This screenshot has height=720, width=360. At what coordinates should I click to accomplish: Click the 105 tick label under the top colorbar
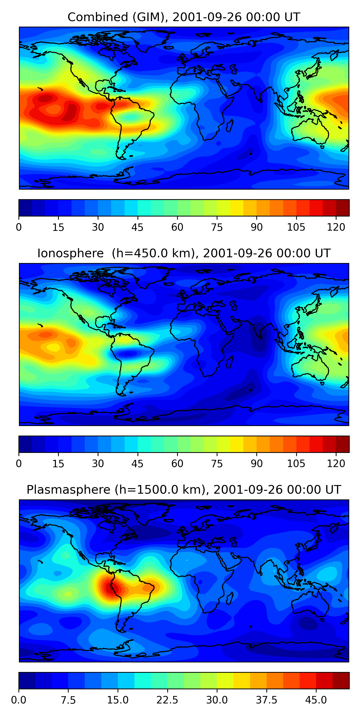point(296,227)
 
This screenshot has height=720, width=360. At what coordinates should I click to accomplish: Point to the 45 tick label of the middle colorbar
point(137,464)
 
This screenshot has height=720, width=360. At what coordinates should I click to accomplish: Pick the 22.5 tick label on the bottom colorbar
point(167,700)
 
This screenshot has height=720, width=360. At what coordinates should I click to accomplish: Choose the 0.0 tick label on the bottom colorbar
point(19,700)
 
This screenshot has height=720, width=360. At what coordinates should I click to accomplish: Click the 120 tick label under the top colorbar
point(336,227)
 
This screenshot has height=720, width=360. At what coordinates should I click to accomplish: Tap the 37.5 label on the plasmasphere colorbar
point(266,700)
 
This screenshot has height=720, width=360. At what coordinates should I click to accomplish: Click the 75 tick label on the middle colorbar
point(217,464)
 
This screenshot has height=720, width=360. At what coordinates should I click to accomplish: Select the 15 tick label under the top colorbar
point(58,227)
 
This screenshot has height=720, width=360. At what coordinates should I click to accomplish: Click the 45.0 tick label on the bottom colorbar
point(316,700)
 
